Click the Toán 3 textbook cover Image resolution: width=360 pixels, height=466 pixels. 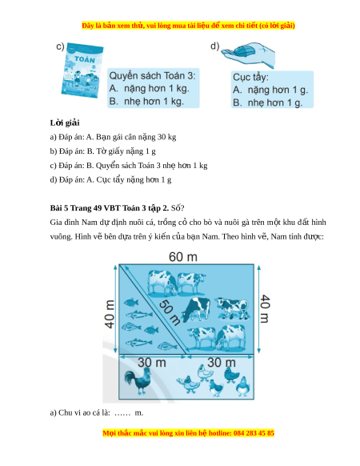coord(82,70)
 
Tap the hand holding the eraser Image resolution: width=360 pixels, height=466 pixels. coord(248,54)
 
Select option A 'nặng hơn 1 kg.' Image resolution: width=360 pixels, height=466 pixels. coord(149,89)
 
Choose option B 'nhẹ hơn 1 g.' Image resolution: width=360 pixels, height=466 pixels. coord(268,102)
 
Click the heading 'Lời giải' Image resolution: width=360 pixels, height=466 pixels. coord(65,123)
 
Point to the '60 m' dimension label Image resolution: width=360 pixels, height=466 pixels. coord(183,257)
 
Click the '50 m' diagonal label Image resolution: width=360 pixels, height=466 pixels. coord(169,312)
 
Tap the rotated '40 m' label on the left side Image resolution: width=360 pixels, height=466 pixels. coord(110,314)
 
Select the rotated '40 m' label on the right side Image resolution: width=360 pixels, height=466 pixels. coord(265,308)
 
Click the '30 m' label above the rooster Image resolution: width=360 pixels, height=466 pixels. coord(152,362)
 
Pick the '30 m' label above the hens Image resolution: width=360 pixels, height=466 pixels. coord(222,362)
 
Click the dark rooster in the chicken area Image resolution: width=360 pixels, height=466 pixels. coord(138,381)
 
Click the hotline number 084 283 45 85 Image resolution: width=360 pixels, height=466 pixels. coord(254,433)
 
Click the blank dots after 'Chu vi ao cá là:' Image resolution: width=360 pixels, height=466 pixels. coord(122,413)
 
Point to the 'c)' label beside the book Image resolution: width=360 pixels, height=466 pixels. coord(60,46)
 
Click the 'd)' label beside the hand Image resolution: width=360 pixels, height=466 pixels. coord(214,46)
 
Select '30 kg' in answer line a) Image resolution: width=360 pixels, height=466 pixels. coord(166,137)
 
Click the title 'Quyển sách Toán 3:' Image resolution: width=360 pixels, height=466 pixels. coord(152,75)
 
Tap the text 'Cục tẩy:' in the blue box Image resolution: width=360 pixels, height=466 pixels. coord(250,78)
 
